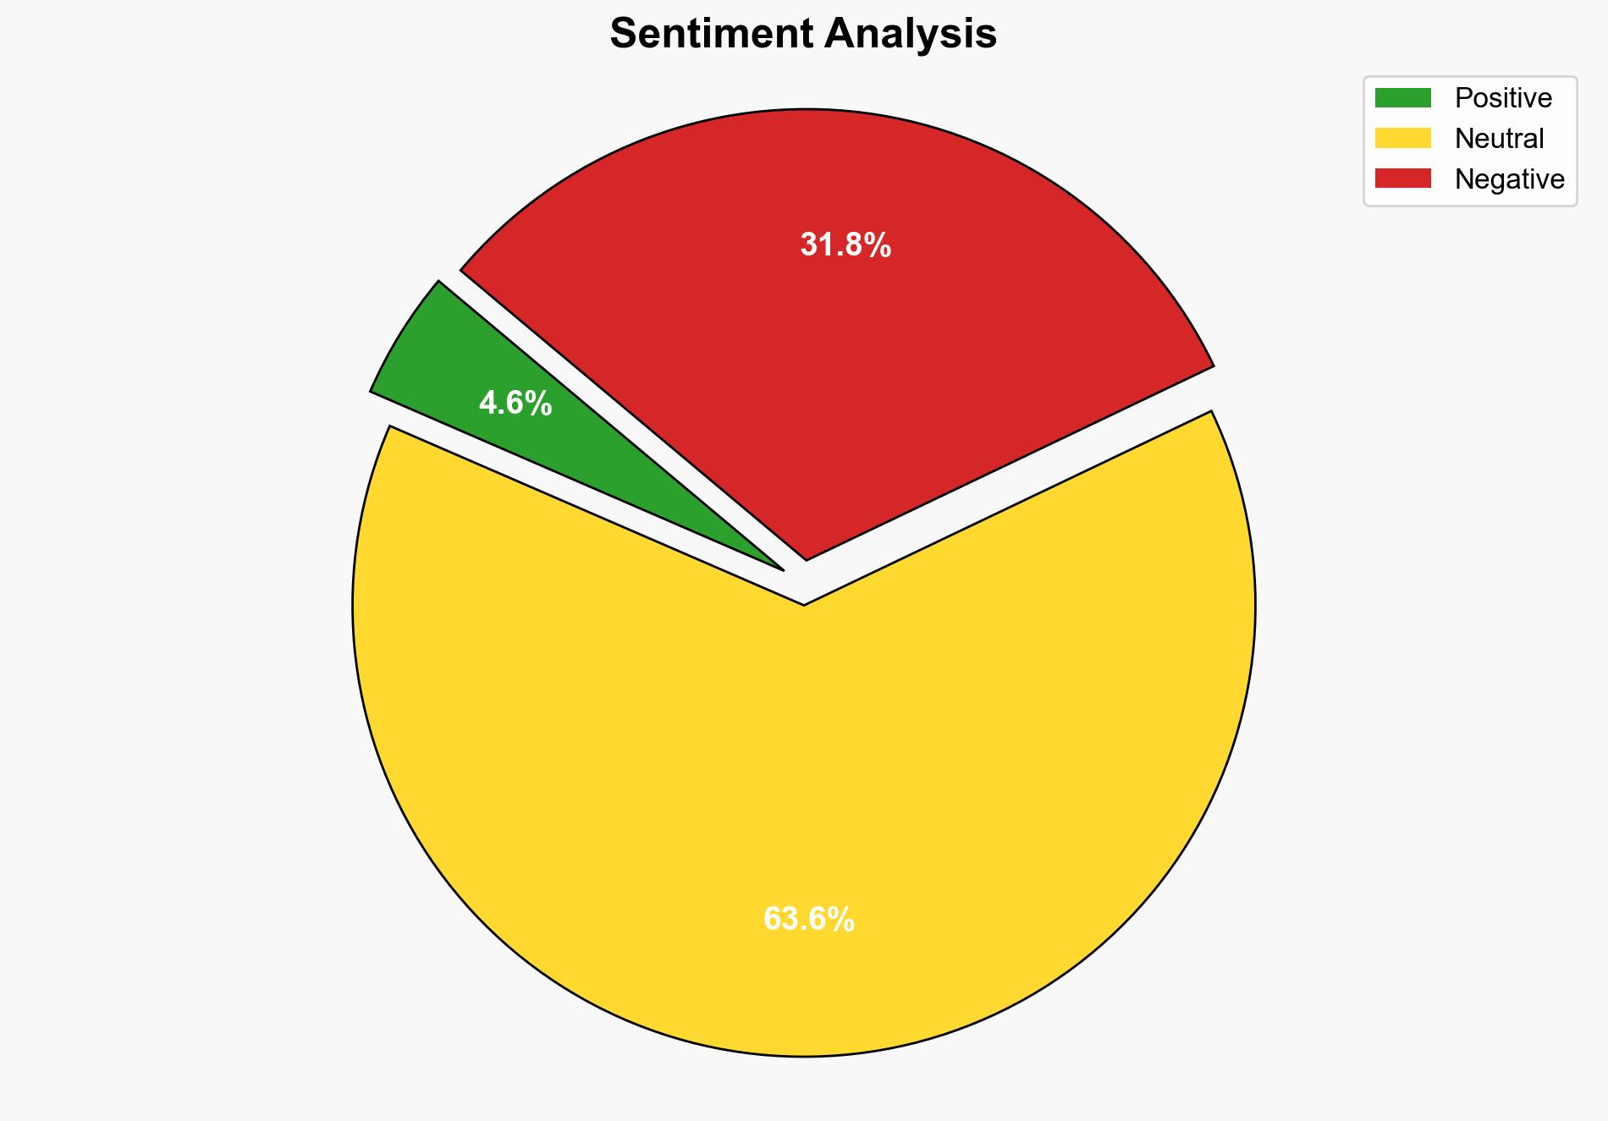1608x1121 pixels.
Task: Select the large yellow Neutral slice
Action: pos(804,761)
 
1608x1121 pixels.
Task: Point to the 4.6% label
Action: pos(515,404)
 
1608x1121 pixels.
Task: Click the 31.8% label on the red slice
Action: pos(845,245)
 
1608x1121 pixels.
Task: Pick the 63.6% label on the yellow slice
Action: pos(809,919)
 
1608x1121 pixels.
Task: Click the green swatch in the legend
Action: pos(1402,98)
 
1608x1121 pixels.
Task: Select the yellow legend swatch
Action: pos(1402,138)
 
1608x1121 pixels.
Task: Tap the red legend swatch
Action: pos(1402,179)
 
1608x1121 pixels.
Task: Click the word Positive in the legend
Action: pos(1503,98)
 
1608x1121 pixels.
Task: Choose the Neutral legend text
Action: pos(1500,138)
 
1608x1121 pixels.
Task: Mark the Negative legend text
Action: pos(1509,179)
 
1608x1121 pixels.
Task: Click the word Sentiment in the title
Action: pos(711,34)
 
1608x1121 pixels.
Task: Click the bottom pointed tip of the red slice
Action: pos(807,558)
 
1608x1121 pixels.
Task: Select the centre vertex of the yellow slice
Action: pos(803,603)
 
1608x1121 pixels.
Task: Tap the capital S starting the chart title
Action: pos(622,34)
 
